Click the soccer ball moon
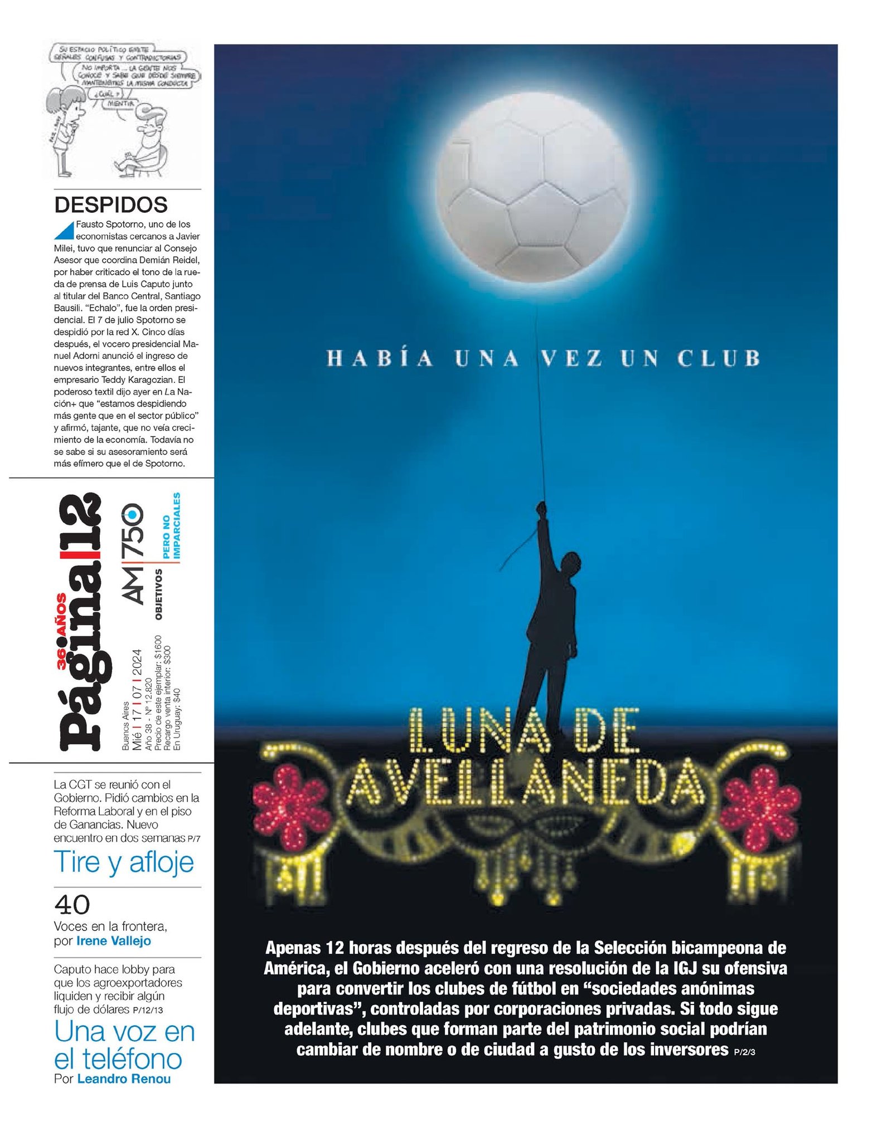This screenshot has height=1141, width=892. tap(534, 193)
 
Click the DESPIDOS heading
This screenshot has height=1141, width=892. tap(111, 205)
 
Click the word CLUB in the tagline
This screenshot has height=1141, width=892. tap(719, 358)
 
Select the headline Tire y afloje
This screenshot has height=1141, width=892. tap(124, 862)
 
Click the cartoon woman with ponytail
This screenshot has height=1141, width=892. tap(65, 128)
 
